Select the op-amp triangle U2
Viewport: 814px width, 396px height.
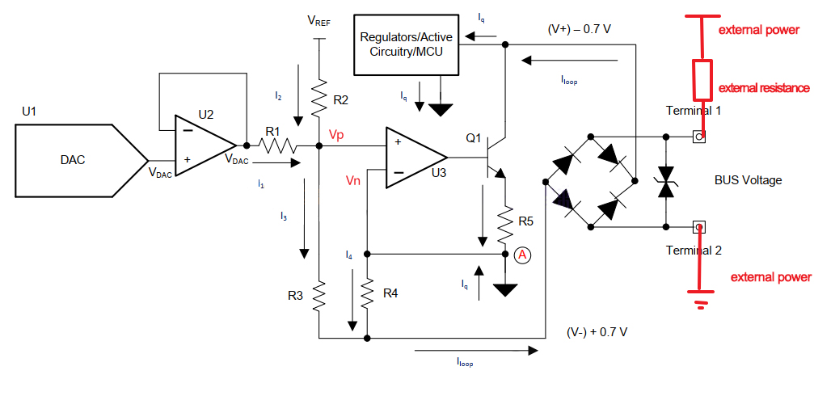tap(205, 145)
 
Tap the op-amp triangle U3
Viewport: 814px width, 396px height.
tap(415, 158)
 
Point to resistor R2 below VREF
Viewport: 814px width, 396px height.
tap(318, 97)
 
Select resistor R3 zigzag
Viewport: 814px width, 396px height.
tap(318, 296)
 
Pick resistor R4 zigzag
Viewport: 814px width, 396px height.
tap(367, 293)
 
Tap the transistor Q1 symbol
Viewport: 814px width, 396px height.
tap(493, 158)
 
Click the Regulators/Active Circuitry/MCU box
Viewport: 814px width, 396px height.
tap(407, 45)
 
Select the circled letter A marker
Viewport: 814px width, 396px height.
tap(522, 255)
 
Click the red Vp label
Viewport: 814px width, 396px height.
tap(336, 134)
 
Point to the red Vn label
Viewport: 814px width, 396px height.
tap(354, 180)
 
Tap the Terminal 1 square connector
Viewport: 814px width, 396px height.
tap(699, 137)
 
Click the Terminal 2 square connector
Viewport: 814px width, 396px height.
tap(699, 227)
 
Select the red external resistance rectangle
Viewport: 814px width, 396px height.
tap(703, 80)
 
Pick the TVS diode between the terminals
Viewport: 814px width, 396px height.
tap(666, 182)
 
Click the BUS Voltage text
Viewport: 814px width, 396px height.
tap(748, 180)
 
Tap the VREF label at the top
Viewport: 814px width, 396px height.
tap(318, 21)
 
